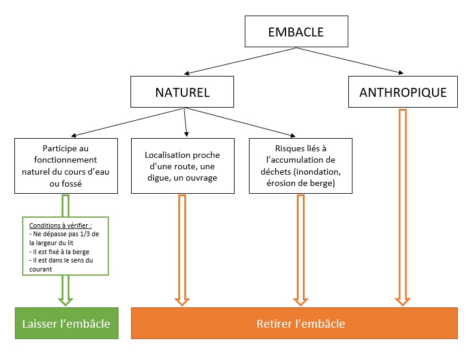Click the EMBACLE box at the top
(x=296, y=31)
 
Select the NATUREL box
(x=183, y=92)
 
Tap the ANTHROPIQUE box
(x=403, y=92)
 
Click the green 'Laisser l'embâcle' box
(x=66, y=324)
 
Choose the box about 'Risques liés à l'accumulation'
(x=300, y=166)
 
